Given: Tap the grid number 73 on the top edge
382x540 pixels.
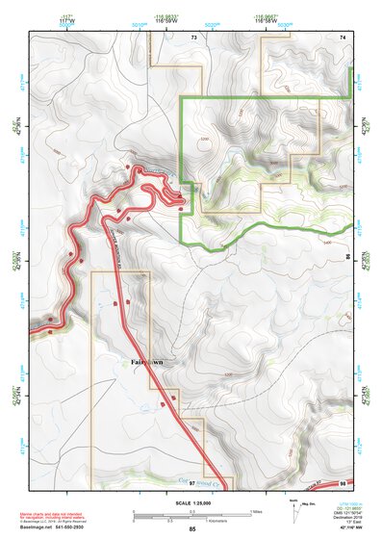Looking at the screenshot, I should point(193,38).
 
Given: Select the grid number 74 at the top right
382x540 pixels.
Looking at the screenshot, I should point(342,37).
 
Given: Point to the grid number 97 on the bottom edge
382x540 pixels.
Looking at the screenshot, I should point(192,482).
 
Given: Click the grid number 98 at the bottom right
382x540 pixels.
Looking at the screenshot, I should point(343,482).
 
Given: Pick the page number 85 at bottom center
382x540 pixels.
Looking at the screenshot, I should point(192,530).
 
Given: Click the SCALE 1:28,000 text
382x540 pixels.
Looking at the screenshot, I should point(192,501).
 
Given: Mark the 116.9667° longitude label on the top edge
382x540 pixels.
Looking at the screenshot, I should point(267,18).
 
